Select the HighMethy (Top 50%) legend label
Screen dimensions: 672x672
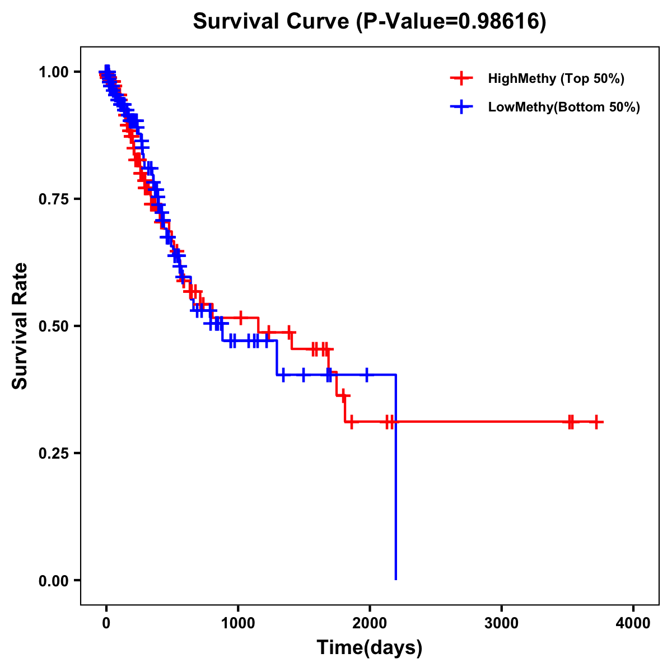point(556,78)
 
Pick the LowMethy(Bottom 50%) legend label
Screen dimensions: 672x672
point(564,108)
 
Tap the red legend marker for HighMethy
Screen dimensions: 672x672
point(461,78)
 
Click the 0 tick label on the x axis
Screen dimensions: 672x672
point(106,623)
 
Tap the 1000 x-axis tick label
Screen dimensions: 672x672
point(238,623)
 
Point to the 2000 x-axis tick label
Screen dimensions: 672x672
point(370,623)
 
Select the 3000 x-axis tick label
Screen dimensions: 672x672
point(501,623)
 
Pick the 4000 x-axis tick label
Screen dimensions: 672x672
point(633,623)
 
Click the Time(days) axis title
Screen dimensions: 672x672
point(369,648)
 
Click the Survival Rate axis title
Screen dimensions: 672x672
point(20,325)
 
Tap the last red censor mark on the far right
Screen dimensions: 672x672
point(596,422)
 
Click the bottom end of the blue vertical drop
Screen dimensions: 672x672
point(396,579)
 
